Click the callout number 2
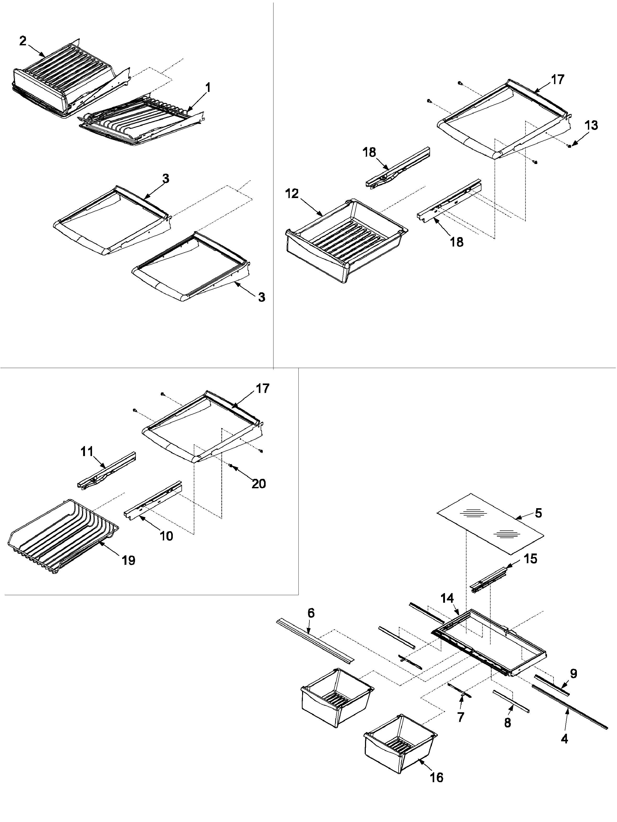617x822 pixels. pos(23,41)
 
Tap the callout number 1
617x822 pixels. pos(208,88)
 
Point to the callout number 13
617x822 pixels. pos(591,125)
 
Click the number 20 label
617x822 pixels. pos(259,484)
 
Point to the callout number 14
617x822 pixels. pos(447,598)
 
